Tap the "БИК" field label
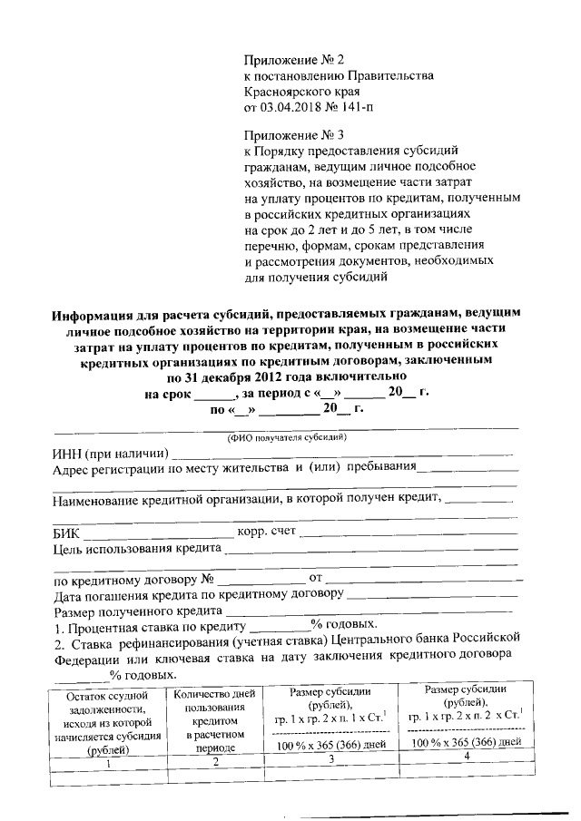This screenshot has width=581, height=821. click(x=67, y=533)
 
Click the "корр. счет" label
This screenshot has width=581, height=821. click(x=265, y=532)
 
